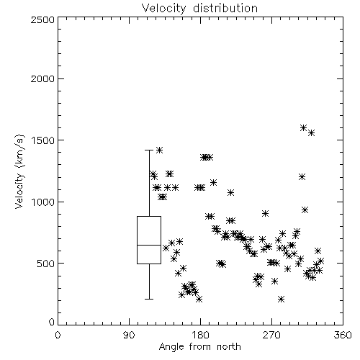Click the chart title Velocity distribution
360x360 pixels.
pos(199,9)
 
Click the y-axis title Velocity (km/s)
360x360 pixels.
pos(19,171)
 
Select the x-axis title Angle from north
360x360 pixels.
pos(199,347)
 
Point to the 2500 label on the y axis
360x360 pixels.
pos(42,19)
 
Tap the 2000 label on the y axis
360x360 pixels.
pos(42,78)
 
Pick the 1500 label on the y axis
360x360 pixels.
pos(42,140)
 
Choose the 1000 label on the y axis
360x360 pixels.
pos(42,202)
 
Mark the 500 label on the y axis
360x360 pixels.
pos(45,264)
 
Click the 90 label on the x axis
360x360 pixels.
pos(129,335)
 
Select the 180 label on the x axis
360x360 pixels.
pos(200,335)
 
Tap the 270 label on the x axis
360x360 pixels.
pos(271,335)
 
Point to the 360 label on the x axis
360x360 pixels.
pos(343,335)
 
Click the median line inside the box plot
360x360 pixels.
pos(149,245)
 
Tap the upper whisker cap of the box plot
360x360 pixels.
pos(149,150)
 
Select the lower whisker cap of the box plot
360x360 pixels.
pos(149,299)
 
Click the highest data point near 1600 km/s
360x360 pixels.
pos(304,127)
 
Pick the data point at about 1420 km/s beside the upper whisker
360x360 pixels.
pos(159,150)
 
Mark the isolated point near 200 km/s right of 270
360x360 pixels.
pos(282,300)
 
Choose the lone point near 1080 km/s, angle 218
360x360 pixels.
pos(230,192)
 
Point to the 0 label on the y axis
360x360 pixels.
pos(52,322)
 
